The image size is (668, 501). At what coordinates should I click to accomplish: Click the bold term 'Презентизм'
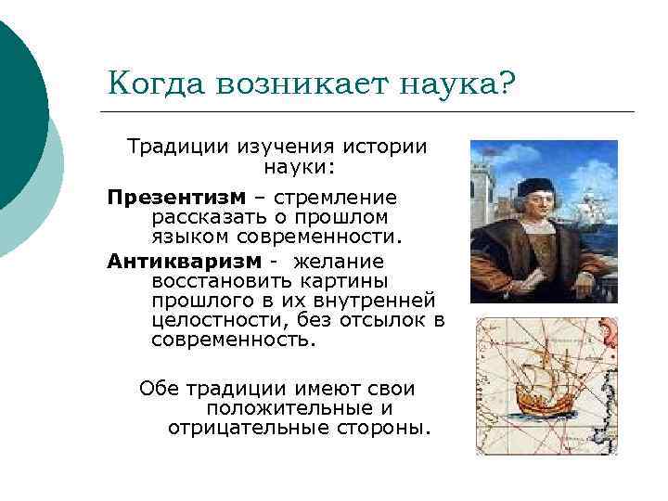tap(176, 197)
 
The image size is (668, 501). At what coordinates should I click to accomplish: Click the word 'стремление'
tap(348, 197)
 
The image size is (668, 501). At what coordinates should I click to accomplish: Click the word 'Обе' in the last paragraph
tap(158, 389)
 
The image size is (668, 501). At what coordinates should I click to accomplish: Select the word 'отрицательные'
tap(235, 428)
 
